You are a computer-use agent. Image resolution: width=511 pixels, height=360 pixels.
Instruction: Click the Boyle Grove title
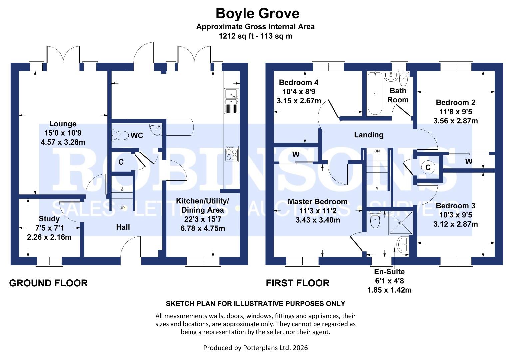point(257,13)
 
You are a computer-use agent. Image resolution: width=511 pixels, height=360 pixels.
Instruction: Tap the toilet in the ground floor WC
point(120,135)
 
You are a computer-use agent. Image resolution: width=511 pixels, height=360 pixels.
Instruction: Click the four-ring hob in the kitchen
point(232,154)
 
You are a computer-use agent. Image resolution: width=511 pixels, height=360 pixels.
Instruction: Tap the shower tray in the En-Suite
point(401,223)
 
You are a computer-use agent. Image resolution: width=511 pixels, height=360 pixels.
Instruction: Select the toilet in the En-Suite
point(375,219)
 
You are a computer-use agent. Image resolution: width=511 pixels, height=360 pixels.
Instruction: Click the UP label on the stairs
point(122,208)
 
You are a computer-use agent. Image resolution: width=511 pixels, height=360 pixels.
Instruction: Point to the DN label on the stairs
point(377,151)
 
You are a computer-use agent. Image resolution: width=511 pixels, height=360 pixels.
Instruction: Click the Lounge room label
point(63,124)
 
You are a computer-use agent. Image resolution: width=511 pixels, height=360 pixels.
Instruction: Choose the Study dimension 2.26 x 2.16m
point(49,237)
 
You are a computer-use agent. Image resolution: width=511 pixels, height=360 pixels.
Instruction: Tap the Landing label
point(369,135)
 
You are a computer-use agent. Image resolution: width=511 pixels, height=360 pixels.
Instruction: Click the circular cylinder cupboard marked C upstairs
point(428,167)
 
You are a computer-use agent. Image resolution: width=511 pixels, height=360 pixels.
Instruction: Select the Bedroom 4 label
point(298,82)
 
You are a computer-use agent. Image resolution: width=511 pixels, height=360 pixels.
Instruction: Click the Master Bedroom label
point(317,202)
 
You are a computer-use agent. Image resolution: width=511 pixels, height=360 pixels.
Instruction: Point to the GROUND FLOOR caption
point(48,283)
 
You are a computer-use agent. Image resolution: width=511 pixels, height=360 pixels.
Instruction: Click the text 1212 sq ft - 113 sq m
point(255,36)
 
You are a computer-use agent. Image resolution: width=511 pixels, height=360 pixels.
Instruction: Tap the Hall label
point(123,227)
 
